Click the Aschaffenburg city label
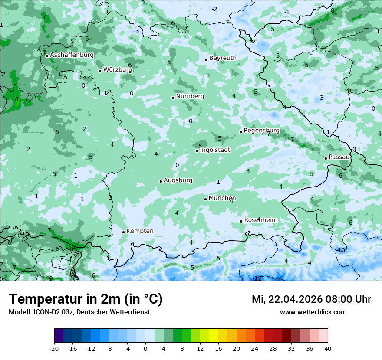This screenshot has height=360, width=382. (72, 55)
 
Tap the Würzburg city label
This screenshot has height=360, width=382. (118, 69)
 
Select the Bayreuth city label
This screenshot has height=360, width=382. (223, 58)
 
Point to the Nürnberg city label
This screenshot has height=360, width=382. (190, 96)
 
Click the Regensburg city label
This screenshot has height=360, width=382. (261, 131)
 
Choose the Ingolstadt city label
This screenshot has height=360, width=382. (215, 150)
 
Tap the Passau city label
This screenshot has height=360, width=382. (339, 157)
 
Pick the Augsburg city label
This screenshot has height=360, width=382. (178, 180)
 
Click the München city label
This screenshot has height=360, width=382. (222, 198)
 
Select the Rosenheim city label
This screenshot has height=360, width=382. (260, 220)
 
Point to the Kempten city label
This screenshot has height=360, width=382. (140, 231)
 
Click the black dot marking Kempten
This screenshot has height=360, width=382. (124, 232)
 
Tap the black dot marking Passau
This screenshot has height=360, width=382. (326, 158)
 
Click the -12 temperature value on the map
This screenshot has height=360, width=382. (257, 278)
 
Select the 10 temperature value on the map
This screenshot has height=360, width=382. (342, 250)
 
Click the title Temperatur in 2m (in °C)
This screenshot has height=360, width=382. (86, 299)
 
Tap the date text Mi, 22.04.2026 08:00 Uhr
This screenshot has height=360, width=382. (311, 299)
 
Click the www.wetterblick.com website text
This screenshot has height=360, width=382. (313, 312)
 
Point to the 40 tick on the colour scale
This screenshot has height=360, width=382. (327, 348)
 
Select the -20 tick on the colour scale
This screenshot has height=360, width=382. (54, 348)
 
